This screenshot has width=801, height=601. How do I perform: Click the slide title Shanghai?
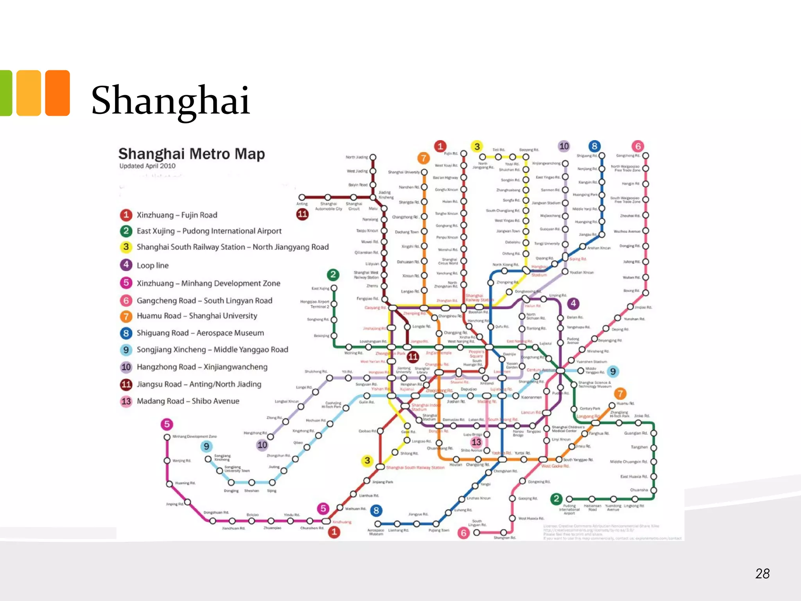click(x=171, y=100)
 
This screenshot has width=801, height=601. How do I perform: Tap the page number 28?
click(x=762, y=574)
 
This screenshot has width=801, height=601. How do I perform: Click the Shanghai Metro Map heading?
click(x=192, y=154)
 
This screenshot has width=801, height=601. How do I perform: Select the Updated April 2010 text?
click(x=147, y=166)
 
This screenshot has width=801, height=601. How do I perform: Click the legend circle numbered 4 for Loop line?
click(x=126, y=265)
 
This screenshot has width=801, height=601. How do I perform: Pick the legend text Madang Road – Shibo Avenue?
click(x=188, y=401)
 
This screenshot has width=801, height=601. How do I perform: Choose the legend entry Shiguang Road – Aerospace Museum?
click(x=200, y=333)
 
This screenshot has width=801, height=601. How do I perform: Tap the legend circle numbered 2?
click(x=126, y=231)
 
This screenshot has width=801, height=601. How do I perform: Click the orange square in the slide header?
click(x=57, y=93)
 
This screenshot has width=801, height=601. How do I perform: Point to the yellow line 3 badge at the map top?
click(x=477, y=146)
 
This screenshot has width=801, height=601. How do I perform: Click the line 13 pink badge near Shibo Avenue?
click(x=476, y=442)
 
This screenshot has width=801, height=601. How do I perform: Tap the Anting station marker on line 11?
click(x=302, y=197)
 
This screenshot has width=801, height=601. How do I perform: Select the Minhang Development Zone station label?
click(x=194, y=436)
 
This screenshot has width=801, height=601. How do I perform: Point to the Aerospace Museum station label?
click(x=376, y=532)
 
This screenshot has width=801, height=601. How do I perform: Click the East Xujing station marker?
click(x=334, y=288)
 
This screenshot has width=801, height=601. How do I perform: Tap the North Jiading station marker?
click(x=373, y=157)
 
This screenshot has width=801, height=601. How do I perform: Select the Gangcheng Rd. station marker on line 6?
click(x=646, y=156)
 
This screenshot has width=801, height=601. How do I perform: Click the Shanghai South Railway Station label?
click(x=415, y=468)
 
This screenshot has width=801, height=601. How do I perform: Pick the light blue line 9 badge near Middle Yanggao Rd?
click(x=613, y=371)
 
